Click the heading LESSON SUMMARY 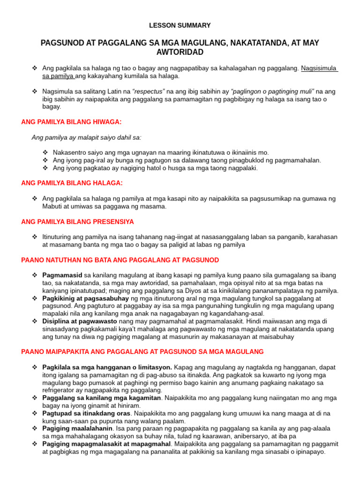(180, 25)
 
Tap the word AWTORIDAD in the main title (180, 52)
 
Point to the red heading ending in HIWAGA (71, 122)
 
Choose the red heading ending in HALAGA (72, 183)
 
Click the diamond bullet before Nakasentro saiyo (45, 152)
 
